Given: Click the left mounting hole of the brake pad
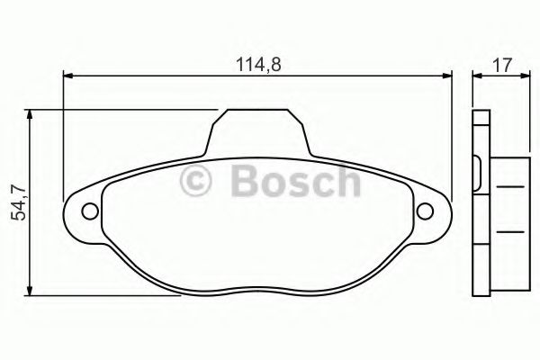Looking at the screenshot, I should (x=89, y=211).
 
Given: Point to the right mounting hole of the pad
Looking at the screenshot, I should (x=426, y=211).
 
